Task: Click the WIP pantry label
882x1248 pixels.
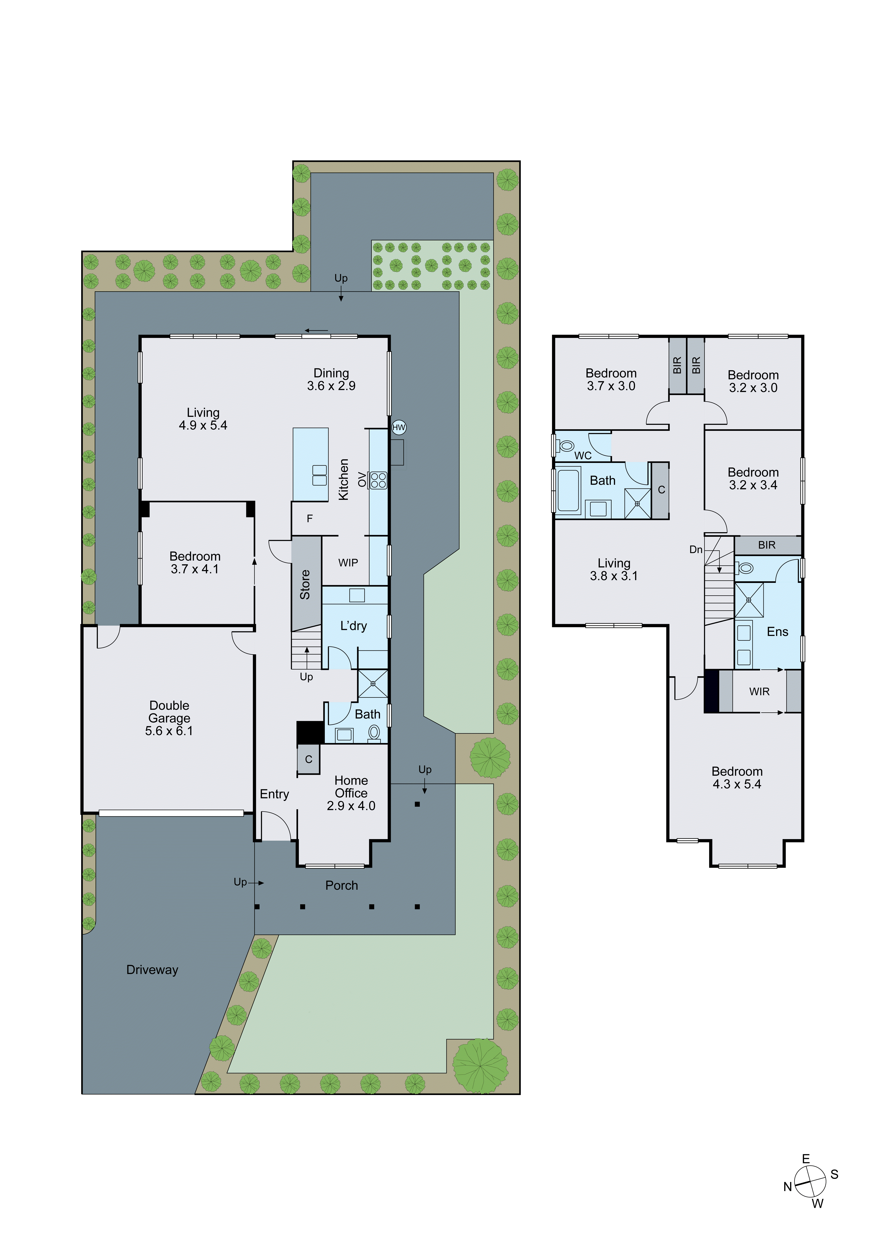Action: pos(348,563)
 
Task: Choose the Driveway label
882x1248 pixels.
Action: pos(152,970)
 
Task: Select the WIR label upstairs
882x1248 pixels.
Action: pos(759,691)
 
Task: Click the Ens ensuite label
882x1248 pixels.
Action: pos(777,632)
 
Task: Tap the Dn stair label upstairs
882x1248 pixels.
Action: pos(696,550)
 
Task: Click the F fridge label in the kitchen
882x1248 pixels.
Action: pos(310,518)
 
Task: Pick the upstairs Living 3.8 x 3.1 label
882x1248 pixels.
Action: pos(614,569)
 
